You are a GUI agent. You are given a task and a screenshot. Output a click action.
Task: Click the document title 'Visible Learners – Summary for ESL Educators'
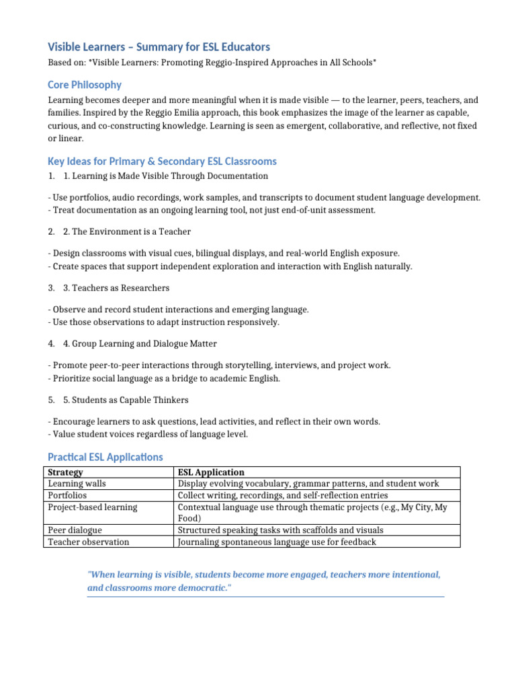[x=159, y=46]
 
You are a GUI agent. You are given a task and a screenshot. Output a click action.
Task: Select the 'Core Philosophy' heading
[x=85, y=85]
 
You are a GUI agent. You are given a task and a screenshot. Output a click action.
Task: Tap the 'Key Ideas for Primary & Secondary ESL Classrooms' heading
[x=162, y=161]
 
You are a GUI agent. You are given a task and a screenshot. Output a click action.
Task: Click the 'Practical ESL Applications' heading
[x=105, y=457]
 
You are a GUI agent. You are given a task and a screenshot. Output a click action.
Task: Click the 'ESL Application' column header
[x=211, y=472]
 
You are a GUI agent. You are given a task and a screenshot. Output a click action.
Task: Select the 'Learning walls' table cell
[x=77, y=484]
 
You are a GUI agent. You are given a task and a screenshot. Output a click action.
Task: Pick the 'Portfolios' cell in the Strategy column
[x=67, y=495]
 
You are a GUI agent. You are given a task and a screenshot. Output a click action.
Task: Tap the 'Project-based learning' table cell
[x=93, y=507]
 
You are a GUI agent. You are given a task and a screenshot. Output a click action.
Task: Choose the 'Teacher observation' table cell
[x=89, y=542]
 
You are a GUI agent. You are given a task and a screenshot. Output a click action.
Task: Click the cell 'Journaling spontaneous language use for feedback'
[x=277, y=542]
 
